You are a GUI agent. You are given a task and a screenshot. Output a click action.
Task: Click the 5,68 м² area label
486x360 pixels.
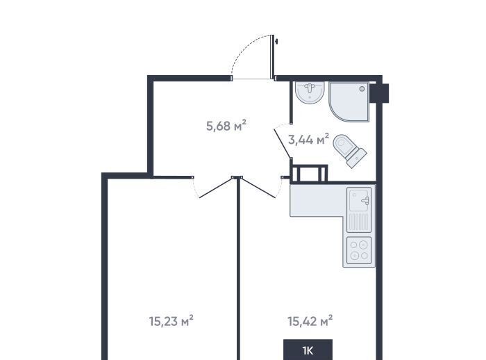click(x=226, y=126)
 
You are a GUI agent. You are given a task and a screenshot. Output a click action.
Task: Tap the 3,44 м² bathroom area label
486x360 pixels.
click(x=308, y=140)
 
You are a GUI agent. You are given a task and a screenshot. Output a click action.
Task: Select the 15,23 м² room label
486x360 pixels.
click(x=171, y=321)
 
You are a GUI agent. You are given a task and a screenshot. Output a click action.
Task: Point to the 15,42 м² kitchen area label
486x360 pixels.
click(x=310, y=321)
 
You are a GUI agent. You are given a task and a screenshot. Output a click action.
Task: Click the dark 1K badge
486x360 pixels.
click(x=308, y=350)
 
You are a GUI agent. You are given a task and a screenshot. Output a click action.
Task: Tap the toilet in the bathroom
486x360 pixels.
click(x=350, y=151)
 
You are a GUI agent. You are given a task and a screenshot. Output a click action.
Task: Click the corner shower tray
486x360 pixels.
click(x=349, y=102)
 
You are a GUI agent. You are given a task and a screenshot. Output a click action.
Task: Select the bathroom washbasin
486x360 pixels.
click(x=310, y=92)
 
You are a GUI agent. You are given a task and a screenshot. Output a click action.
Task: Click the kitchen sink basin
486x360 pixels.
click(x=359, y=199)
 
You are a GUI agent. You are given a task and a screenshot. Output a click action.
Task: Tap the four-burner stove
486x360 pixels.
click(x=359, y=250)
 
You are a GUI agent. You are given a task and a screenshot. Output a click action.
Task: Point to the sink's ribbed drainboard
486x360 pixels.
click(x=359, y=222)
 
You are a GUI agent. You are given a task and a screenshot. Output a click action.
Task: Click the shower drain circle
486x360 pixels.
click(x=362, y=89)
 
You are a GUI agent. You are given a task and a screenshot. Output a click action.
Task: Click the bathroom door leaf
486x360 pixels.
click(x=283, y=145)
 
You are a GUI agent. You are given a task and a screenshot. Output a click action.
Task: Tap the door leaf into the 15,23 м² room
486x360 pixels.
click(x=217, y=187)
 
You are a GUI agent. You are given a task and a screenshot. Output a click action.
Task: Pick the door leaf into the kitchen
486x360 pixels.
click(x=258, y=187)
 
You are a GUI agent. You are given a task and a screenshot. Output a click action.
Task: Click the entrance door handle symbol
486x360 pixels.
click(x=276, y=41)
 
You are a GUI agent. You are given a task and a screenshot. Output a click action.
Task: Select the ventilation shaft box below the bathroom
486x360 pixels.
click(x=309, y=173)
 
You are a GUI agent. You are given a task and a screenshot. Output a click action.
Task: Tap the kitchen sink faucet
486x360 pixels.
click(x=366, y=201)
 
